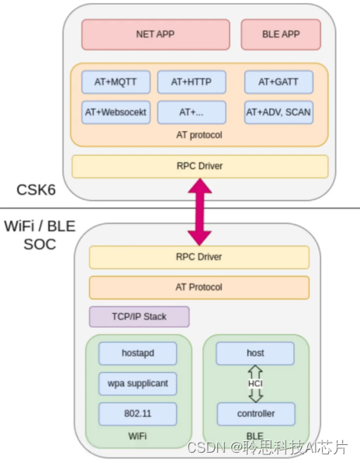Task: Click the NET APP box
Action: point(155,35)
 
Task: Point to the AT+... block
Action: point(192,112)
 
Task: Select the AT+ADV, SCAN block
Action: point(279,112)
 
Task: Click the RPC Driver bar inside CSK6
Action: point(199,166)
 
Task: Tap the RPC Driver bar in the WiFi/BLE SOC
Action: point(199,257)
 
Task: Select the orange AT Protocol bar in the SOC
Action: point(199,287)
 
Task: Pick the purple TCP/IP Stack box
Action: point(139,316)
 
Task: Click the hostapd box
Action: point(137,353)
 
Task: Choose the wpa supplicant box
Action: point(137,383)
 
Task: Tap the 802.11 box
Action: point(137,413)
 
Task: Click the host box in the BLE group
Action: point(255,353)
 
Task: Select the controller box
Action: point(255,413)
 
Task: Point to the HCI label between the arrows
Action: point(255,384)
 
